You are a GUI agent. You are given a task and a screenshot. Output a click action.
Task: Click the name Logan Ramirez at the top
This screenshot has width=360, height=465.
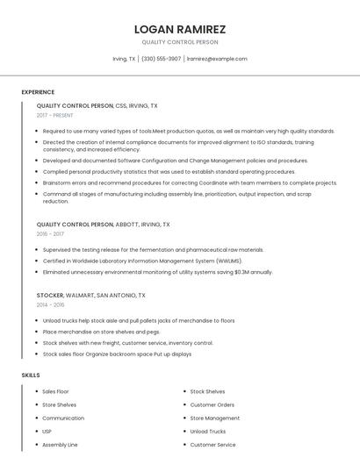point(180,29)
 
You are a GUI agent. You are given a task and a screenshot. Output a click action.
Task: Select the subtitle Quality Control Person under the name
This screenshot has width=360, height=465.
point(180,42)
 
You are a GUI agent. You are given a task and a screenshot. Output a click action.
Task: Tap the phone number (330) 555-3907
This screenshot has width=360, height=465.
point(161,59)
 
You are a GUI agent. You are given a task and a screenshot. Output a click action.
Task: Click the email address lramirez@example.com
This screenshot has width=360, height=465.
point(217,59)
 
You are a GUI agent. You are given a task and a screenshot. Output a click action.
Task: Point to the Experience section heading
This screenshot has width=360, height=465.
point(38,92)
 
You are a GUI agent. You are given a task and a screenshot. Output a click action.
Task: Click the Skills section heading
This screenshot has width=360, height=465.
point(31,376)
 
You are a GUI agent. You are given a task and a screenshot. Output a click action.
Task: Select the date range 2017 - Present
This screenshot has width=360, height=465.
point(55,116)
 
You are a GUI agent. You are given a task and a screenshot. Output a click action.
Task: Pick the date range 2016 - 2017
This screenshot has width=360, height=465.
point(50,234)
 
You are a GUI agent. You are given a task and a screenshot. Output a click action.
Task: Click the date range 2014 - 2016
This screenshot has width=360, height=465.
point(50,305)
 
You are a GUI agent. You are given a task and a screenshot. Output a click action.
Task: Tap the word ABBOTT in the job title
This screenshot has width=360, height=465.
point(126,225)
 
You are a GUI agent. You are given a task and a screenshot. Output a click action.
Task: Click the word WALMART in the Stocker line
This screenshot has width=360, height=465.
point(81,296)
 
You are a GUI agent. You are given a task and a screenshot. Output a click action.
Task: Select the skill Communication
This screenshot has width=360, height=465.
point(63,418)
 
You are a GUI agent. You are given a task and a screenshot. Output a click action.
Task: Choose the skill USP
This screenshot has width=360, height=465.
point(47,432)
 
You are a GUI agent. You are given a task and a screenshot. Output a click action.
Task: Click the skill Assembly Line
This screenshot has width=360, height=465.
point(60,445)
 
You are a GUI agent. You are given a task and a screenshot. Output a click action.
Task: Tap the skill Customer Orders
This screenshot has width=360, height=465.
point(212,404)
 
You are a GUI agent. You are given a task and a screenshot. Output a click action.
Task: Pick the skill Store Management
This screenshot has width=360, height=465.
point(215,418)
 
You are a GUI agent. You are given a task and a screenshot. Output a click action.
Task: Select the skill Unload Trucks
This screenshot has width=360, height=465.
point(208,432)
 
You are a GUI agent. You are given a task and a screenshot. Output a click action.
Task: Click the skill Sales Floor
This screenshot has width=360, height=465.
point(55,391)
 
